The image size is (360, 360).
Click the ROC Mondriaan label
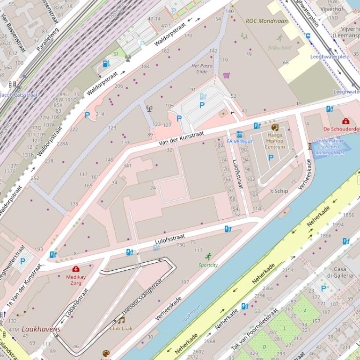[x=267, y=21]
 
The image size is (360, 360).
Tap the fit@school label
[x=279, y=47]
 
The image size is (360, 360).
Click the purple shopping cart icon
[x=227, y=75]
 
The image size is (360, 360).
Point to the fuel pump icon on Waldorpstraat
[x=106, y=64]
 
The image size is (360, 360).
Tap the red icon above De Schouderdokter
[x=346, y=122]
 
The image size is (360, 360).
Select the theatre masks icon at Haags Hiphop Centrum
[x=274, y=127]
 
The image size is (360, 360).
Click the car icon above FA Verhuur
[x=239, y=134]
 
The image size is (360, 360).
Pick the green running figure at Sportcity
[x=208, y=256]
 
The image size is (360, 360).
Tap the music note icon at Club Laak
[x=121, y=320]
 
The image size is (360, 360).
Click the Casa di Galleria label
[x=340, y=272]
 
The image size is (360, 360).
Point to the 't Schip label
[x=279, y=191]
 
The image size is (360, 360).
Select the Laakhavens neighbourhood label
[x=41, y=329]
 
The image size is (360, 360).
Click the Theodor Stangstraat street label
[x=142, y=299]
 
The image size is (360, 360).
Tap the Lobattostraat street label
[x=77, y=302]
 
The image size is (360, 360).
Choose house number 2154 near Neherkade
[x=288, y=270]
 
